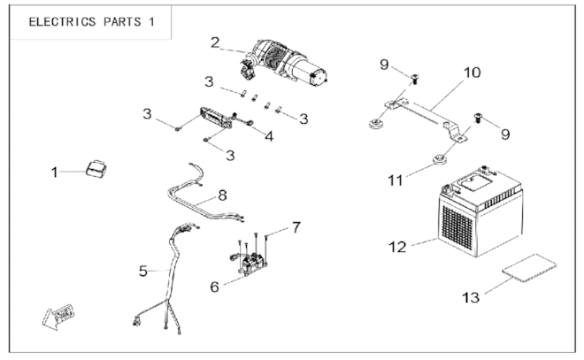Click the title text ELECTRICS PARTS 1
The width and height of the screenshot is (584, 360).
(92, 21)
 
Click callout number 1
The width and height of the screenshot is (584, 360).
(54, 172)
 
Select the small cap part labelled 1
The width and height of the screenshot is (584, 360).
(96, 168)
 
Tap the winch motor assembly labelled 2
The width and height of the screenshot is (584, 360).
(284, 61)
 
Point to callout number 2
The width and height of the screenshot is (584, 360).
(215, 42)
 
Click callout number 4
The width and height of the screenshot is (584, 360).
(269, 136)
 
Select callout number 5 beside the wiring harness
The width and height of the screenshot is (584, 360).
(143, 271)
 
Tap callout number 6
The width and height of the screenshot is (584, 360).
(214, 287)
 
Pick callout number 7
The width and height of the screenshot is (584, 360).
(296, 227)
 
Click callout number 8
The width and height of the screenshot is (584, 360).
(222, 195)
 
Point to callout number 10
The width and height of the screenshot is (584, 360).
(472, 73)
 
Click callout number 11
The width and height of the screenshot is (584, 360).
(396, 180)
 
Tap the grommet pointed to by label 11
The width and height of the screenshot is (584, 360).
(440, 160)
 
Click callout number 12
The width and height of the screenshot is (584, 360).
(397, 247)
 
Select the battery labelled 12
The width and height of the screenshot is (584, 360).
(480, 212)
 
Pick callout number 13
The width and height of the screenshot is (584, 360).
(471, 297)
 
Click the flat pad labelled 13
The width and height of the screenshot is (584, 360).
(529, 268)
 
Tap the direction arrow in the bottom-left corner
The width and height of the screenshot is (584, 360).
(58, 317)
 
